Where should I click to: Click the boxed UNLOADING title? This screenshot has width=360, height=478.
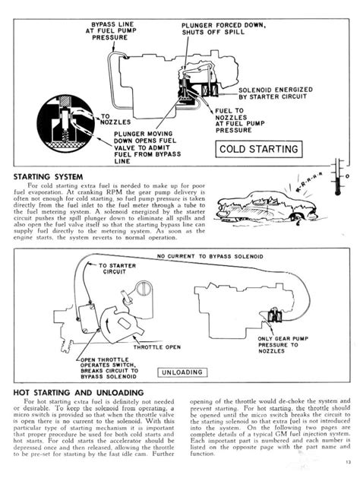[182, 372]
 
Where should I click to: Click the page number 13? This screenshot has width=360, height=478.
[346, 464]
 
